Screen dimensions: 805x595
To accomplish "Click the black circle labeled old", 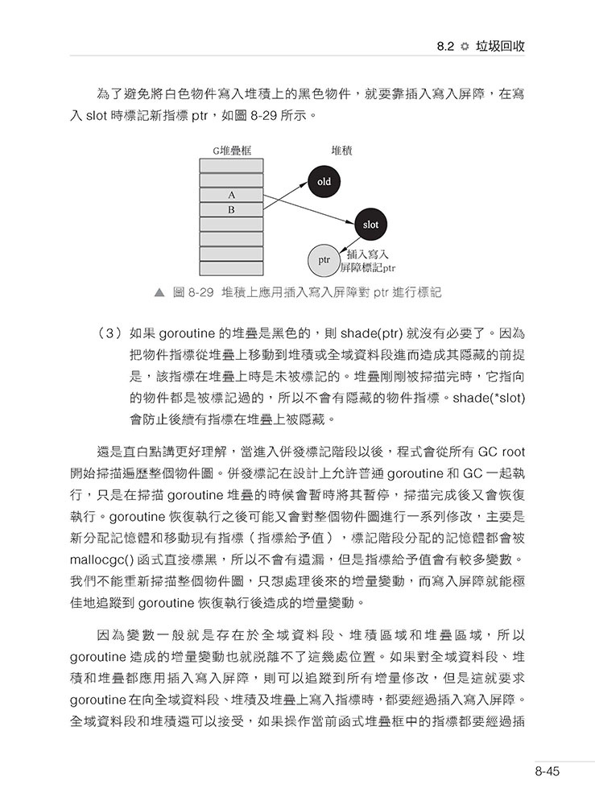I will click(x=324, y=182).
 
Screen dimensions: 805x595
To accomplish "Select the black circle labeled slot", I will click(x=370, y=224).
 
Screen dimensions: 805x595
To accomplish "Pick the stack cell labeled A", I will click(x=231, y=195).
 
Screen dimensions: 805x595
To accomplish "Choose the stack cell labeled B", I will click(x=231, y=209).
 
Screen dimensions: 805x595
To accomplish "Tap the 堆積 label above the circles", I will click(x=344, y=151).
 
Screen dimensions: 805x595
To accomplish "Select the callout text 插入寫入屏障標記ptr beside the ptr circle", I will click(x=371, y=262).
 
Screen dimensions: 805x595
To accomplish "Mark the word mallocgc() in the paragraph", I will click(x=105, y=559).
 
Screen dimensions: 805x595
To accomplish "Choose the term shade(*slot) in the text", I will click(x=490, y=398).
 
